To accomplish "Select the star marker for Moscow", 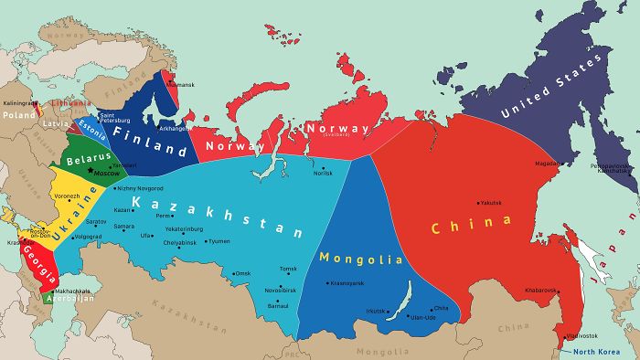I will point(91,171).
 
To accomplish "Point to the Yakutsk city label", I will point(492,203).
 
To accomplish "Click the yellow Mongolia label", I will point(361,258).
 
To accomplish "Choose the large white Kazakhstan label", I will point(216,216).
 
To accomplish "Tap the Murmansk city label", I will point(181,84).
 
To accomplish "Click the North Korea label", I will point(596,351).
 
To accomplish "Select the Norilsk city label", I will point(323,173).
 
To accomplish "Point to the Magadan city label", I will point(546,164).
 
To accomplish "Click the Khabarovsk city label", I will point(540,290).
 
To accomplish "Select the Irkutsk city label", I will point(377,312).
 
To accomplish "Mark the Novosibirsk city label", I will point(282,291).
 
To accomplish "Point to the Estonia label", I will point(91,126).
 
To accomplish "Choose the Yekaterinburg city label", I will point(183,228).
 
